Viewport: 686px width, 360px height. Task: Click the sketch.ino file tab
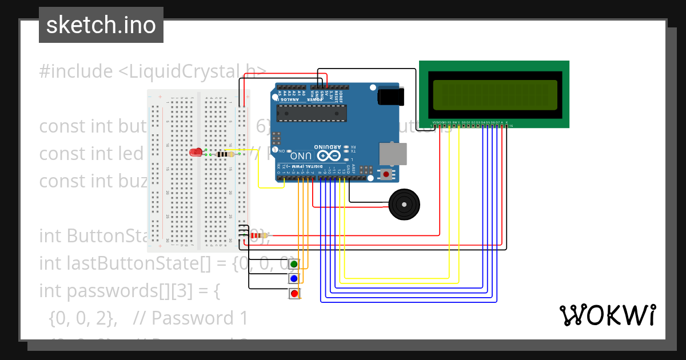pos(101,25)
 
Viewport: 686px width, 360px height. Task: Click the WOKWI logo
pos(607,315)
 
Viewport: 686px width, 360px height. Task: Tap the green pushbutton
pos(294,264)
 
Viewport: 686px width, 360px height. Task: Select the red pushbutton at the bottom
pos(294,294)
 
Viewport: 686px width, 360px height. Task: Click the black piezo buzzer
pos(404,205)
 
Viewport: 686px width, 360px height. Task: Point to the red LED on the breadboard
pos(197,153)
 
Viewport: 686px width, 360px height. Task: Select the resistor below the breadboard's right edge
pos(258,235)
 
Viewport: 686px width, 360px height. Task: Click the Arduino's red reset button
pos(386,174)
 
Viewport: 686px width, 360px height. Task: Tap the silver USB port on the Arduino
pos(393,154)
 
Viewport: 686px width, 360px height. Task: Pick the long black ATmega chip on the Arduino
pos(312,114)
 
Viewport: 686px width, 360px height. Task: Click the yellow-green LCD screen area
pos(495,94)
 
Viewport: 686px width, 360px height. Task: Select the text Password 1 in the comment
pos(201,318)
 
